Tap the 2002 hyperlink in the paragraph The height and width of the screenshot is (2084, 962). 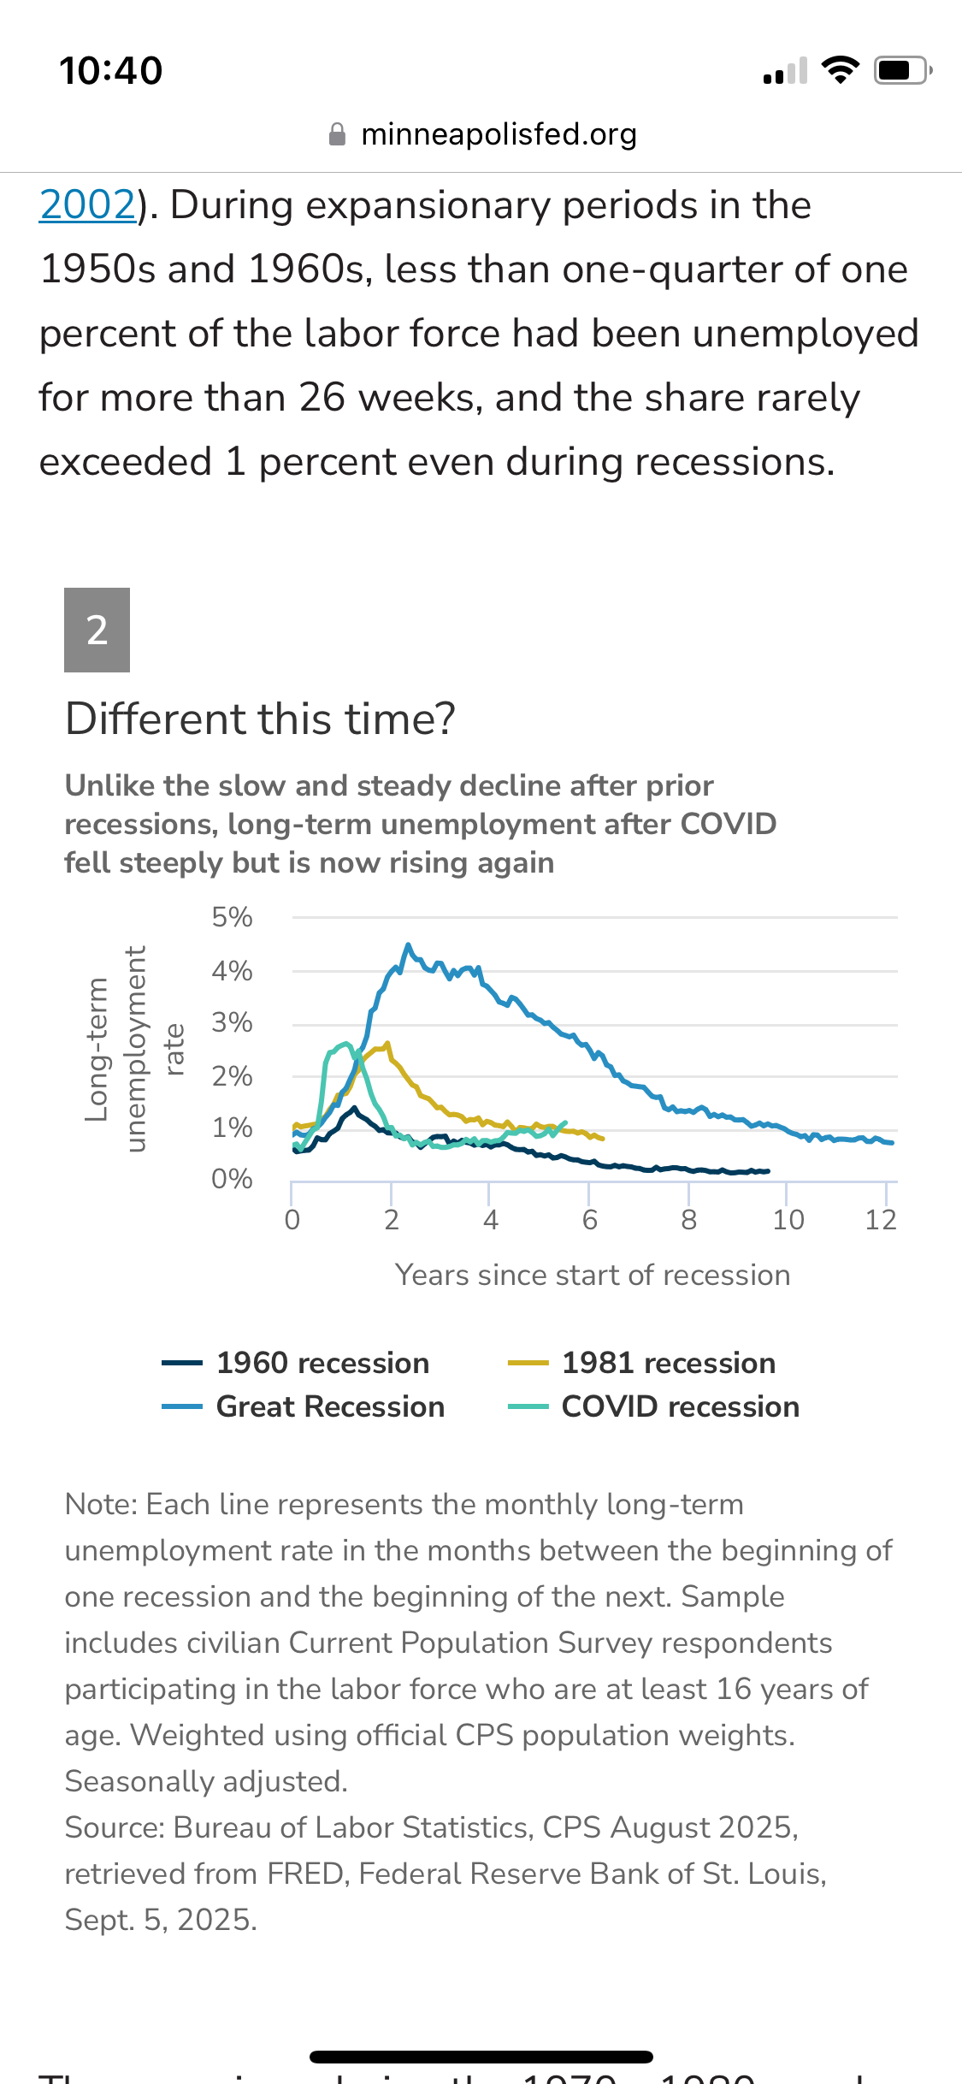point(87,205)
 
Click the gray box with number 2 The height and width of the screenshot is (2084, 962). point(97,630)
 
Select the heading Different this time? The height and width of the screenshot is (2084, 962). point(261,719)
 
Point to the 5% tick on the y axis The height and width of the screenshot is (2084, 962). point(232,917)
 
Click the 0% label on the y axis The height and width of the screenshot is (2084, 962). point(232,1179)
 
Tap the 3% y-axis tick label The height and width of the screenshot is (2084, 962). point(232,1022)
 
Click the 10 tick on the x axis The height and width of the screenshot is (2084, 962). point(788,1220)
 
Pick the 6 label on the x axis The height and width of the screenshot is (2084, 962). point(589,1220)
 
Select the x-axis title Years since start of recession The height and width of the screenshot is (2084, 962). point(593,1275)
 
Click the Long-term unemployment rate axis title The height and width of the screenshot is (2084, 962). point(134,1049)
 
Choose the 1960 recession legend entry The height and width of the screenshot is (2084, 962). point(296,1363)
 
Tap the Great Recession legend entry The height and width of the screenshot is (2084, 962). point(304,1406)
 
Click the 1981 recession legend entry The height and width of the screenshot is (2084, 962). point(642,1363)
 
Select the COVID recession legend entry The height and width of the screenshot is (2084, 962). point(654,1406)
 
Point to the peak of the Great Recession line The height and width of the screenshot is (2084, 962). point(408,945)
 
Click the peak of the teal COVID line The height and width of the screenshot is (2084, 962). point(345,1044)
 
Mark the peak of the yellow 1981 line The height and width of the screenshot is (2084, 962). point(387,1044)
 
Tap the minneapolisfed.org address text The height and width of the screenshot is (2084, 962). point(499,134)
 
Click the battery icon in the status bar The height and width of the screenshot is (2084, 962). point(901,70)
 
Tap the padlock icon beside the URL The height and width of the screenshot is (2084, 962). point(338,134)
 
